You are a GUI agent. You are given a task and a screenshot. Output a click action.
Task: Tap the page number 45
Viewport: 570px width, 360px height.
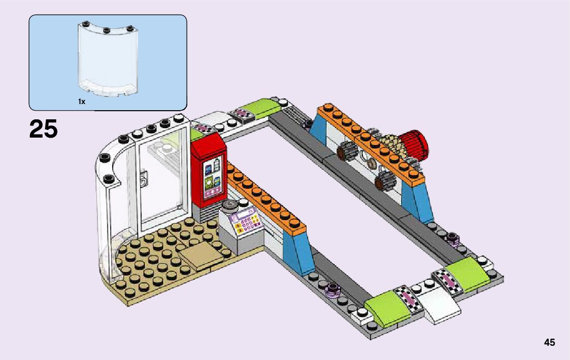tap(549, 342)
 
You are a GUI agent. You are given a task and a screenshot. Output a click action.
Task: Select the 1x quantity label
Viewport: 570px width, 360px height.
tap(81, 102)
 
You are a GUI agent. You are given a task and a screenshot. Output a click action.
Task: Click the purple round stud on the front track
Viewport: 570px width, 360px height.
tap(333, 289)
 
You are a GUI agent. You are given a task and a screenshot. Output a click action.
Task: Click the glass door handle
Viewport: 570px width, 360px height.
tap(144, 178)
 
